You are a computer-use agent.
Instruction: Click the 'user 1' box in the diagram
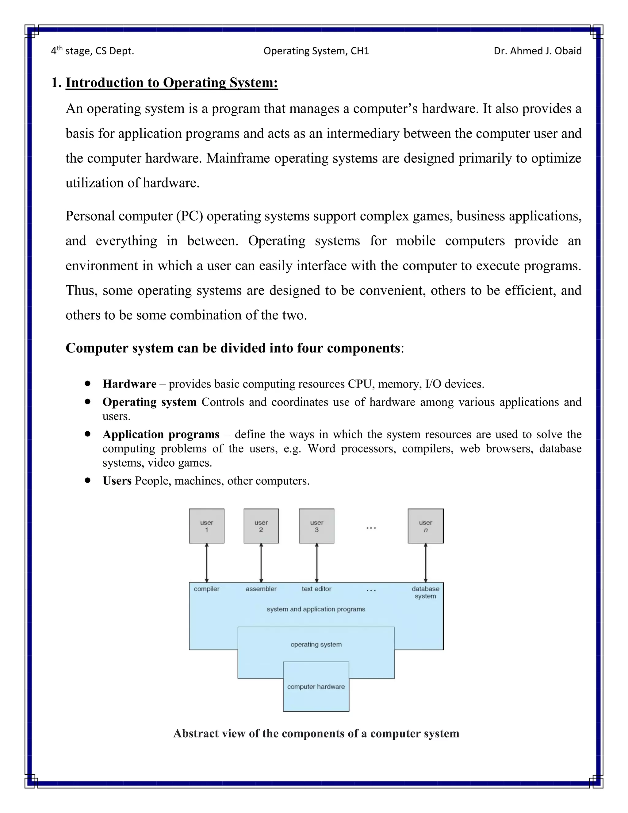tap(206, 526)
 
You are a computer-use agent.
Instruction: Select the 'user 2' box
tap(261, 526)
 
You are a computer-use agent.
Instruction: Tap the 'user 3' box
tap(316, 526)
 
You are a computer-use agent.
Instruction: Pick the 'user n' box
tap(425, 526)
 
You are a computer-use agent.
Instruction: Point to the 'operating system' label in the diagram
tap(316, 644)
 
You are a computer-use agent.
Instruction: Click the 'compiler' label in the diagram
tap(206, 589)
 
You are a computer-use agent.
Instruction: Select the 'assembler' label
tap(261, 589)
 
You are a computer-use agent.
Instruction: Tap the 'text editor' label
tap(316, 589)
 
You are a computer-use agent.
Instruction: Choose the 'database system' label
tap(425, 592)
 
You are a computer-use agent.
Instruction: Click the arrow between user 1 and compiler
tap(206, 563)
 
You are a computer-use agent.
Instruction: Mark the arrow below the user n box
tap(426, 563)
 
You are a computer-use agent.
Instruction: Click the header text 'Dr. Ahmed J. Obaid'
tap(537, 51)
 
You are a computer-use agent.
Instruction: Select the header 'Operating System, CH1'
tap(316, 51)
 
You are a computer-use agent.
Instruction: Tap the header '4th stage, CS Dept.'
tap(92, 51)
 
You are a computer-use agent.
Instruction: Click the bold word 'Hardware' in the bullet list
tap(129, 384)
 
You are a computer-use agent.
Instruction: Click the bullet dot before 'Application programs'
tap(87, 434)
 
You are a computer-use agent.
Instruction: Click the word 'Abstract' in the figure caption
tap(196, 733)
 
